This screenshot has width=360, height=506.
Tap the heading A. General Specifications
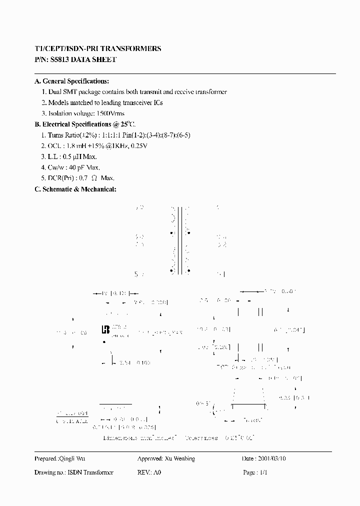tap(71, 81)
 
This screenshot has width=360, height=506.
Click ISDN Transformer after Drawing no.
tap(90, 472)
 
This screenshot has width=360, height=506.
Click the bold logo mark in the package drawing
tap(105, 329)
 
